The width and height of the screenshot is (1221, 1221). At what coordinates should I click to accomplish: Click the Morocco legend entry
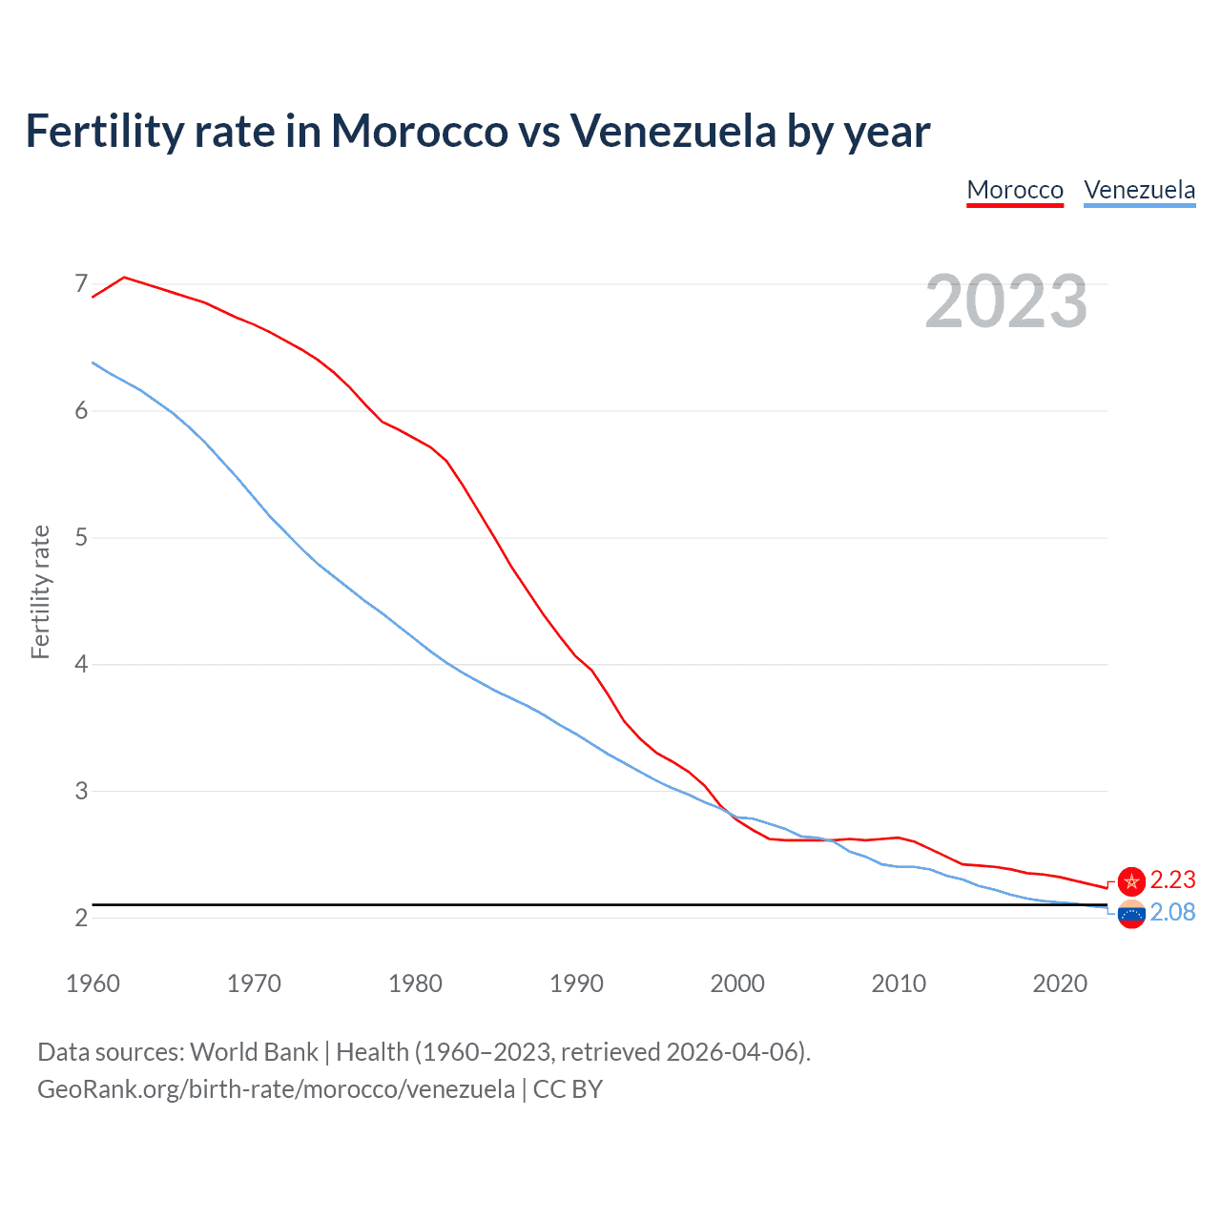point(1015,190)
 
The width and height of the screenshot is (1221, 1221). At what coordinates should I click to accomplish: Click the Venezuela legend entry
point(1139,190)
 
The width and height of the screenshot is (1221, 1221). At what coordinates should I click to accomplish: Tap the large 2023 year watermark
point(1006,301)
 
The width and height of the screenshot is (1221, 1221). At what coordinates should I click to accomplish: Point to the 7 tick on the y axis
point(81,283)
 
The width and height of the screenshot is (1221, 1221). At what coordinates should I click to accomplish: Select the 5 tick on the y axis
point(81,537)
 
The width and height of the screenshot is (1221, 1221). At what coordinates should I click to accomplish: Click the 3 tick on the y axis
point(81,791)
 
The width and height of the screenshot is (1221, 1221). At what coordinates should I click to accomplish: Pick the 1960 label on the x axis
point(93,983)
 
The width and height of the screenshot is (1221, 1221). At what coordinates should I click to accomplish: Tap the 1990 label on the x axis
point(576,983)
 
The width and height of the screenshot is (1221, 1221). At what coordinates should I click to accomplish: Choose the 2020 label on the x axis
point(1060,983)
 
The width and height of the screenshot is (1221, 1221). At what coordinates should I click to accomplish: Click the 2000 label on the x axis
point(737,983)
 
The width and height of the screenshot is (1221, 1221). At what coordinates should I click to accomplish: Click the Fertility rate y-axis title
point(40,591)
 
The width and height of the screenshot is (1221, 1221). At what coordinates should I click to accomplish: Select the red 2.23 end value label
point(1172,880)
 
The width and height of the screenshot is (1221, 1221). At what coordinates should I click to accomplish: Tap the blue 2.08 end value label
point(1172,913)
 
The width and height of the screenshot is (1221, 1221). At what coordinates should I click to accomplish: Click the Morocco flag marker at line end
point(1131,880)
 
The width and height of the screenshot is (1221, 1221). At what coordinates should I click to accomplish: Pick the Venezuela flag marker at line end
point(1131,914)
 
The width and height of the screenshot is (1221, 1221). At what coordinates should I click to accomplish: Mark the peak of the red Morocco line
point(125,277)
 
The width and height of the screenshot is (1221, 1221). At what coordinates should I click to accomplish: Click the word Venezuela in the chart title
point(673,131)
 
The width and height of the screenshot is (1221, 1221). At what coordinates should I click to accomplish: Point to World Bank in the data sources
point(254,1052)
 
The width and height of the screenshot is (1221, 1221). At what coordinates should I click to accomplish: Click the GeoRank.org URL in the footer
point(276,1089)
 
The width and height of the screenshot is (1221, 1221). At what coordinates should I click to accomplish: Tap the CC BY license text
point(568,1089)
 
